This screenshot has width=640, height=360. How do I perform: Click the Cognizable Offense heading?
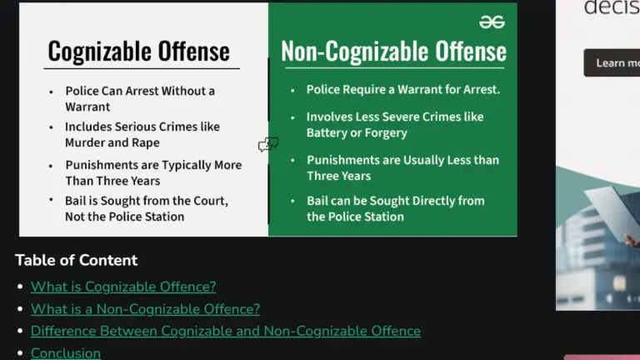pos(138,52)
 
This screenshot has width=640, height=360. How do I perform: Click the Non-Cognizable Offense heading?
pos(393,52)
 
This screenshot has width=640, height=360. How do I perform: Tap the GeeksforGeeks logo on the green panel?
pos(492,22)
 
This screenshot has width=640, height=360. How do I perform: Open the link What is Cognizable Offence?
pos(123,287)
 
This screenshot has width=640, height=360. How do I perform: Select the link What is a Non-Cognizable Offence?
pos(145,309)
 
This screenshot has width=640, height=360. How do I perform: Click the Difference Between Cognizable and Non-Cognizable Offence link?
pos(225,331)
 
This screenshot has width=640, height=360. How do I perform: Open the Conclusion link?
pos(66,352)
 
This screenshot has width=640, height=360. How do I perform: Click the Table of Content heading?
pos(76,260)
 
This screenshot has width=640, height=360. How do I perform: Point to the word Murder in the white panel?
pos(86,142)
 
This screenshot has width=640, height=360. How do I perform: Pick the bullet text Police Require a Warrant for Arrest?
pos(402,89)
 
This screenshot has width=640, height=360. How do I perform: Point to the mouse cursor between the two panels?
pos(267,145)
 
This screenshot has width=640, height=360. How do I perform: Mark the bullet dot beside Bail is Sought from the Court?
pos(52,201)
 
